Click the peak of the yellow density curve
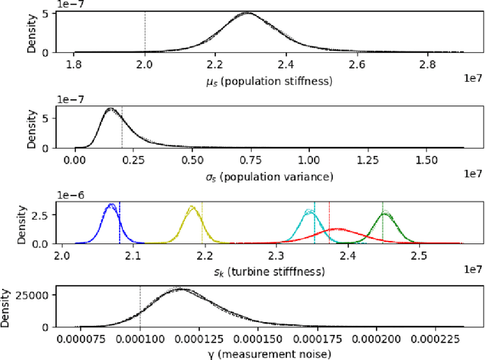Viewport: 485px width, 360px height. [x=193, y=207]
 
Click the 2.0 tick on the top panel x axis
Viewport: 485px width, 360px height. [x=145, y=64]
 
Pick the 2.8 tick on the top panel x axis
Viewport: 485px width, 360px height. [x=427, y=64]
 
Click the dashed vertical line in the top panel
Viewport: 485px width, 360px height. [x=145, y=30]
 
